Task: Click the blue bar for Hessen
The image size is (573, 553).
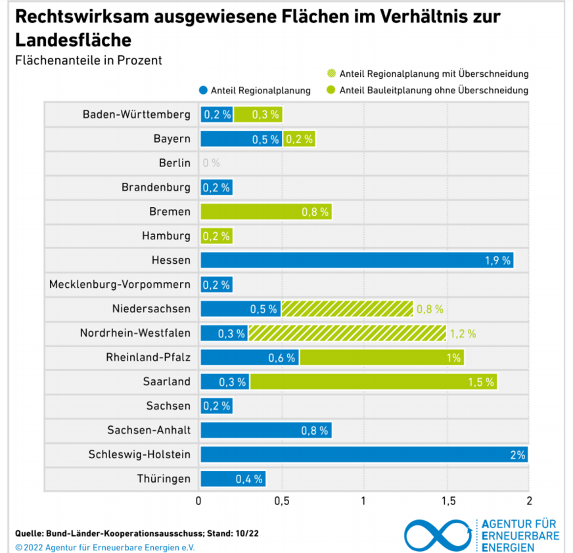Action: [x=356, y=260]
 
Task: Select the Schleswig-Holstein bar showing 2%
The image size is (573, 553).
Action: [x=363, y=454]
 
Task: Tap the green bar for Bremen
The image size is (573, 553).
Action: [x=265, y=212]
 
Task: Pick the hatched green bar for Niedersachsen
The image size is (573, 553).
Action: [x=347, y=308]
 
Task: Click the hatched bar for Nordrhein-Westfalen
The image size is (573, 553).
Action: [x=347, y=333]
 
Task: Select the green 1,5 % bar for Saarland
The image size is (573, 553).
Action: [x=373, y=381]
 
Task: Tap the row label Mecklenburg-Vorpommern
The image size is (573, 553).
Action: [x=120, y=285]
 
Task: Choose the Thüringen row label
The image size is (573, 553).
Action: [x=164, y=479]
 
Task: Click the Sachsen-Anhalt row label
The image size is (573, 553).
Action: [x=149, y=430]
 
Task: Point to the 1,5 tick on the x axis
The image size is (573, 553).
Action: [x=448, y=501]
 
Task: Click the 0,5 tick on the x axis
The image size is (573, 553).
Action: [x=281, y=501]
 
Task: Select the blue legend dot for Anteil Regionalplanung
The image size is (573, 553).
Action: [x=204, y=91]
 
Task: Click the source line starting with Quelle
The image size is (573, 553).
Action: [x=137, y=533]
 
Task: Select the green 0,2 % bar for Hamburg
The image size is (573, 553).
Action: [x=216, y=236]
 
